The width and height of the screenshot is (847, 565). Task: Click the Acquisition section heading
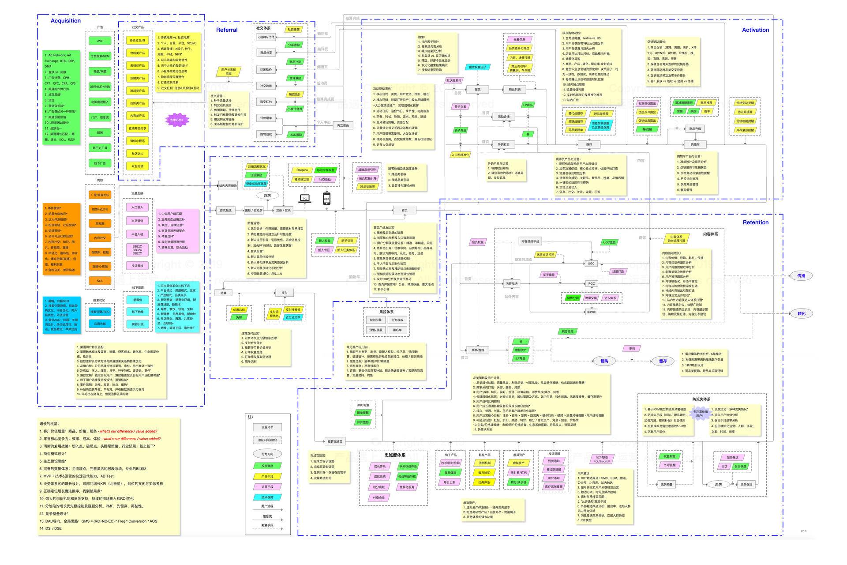coord(66,21)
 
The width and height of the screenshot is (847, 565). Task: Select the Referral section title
coord(227,30)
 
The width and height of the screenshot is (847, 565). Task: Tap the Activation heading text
coord(755,30)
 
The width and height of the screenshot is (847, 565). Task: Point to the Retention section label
coord(755,222)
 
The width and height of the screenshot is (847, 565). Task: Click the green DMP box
coord(100,41)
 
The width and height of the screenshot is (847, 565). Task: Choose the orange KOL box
coord(100,281)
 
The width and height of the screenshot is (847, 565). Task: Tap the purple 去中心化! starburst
coord(176,120)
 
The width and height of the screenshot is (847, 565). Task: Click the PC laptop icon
coord(304,199)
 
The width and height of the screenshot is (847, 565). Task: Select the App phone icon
coord(326,198)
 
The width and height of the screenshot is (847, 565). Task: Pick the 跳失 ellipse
coord(268,196)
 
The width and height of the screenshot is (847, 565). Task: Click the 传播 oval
coord(801,276)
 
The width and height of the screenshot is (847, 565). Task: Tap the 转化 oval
coord(801,314)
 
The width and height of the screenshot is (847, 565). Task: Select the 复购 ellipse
coord(604,361)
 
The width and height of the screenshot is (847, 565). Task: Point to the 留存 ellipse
coord(663,361)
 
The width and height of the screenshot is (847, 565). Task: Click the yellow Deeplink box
coord(302,170)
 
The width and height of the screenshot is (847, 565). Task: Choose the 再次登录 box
coord(343,125)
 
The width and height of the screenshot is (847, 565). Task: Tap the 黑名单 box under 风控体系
coord(397,330)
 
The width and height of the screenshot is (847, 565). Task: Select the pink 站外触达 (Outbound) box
coord(602,459)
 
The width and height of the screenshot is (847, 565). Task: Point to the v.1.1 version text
coord(804,531)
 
